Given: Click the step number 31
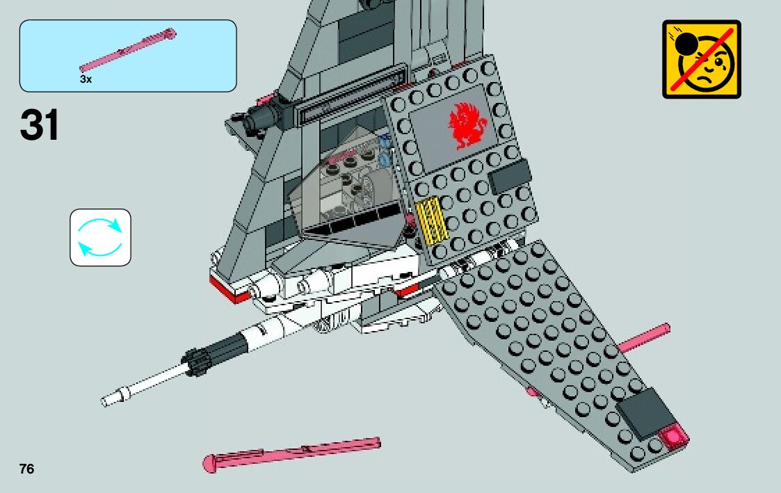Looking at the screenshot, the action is click(40, 126).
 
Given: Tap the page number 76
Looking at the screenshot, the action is click(26, 469).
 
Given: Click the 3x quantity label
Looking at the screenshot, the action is click(86, 79).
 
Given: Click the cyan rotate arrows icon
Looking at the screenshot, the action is click(100, 237).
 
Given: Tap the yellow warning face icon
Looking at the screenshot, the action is click(702, 59).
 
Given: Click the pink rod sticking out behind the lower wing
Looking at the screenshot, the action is click(644, 337).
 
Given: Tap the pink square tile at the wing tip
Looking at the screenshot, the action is click(673, 437).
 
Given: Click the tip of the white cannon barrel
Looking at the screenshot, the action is click(107, 401).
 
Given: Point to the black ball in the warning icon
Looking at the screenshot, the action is click(686, 46).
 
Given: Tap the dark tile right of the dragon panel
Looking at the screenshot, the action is click(509, 176).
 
